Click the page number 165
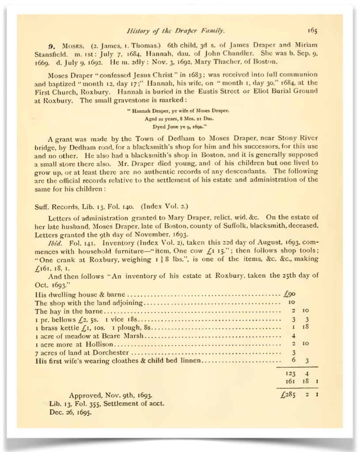point(311,31)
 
